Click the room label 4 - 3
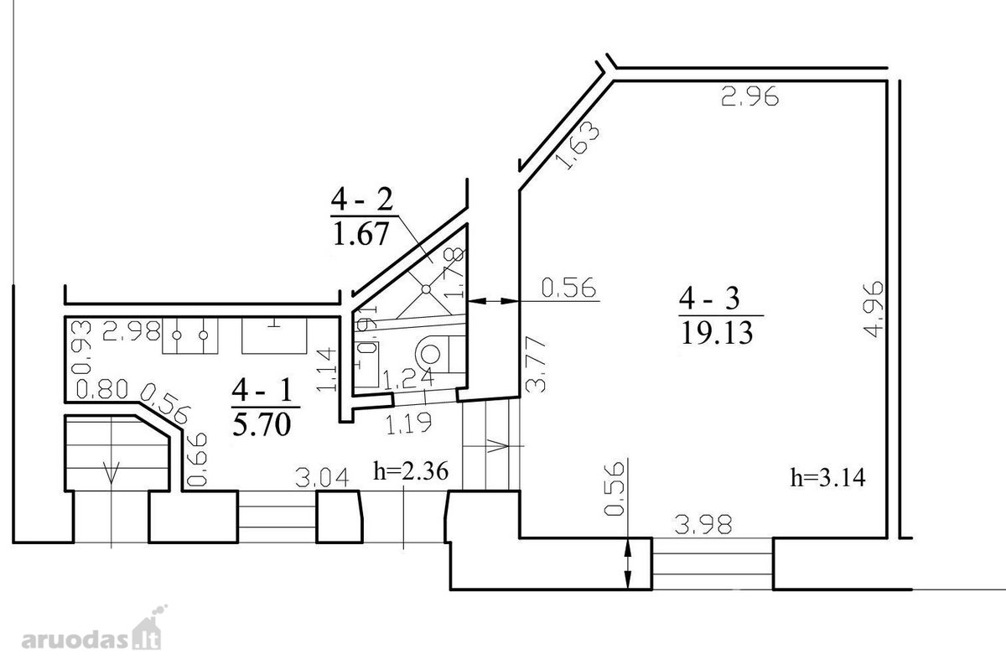click(709, 299)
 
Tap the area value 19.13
click(717, 334)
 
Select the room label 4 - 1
click(262, 390)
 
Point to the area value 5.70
click(262, 424)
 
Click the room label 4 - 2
click(362, 199)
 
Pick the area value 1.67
click(360, 234)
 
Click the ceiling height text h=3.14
click(827, 478)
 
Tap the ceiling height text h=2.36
click(411, 471)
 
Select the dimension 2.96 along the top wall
click(749, 96)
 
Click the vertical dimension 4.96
click(874, 309)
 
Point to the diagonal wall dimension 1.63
click(578, 146)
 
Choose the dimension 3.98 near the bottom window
click(703, 524)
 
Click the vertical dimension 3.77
click(536, 365)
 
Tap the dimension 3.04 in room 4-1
click(322, 478)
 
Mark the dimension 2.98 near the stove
click(131, 331)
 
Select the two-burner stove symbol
click(190, 335)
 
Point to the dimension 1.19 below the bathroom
click(409, 423)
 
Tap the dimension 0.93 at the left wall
click(81, 347)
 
